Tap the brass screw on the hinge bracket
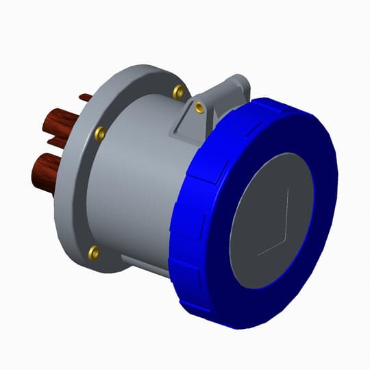point(199,106)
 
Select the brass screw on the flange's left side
point(100,132)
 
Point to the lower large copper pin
point(46,173)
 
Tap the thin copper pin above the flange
point(85,97)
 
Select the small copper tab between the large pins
point(57,143)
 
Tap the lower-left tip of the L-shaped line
point(258,255)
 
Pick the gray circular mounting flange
point(75,206)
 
